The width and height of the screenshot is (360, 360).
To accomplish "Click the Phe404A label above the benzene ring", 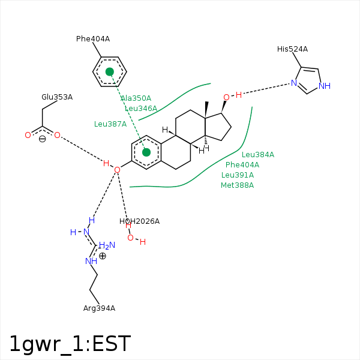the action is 93,39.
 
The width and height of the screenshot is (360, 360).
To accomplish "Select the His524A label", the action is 292,49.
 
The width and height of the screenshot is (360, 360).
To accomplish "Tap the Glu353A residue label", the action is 57,97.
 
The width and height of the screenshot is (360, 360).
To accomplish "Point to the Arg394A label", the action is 99,308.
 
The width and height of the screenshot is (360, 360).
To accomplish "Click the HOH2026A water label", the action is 139,221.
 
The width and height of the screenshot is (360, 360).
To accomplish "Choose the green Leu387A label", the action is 110,124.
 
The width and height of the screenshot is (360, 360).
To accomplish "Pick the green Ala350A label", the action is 136,98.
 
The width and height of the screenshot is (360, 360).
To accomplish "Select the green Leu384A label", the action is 258,155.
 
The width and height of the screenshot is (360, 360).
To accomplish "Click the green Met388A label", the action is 238,185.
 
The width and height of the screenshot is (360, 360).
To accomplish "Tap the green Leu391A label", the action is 238,175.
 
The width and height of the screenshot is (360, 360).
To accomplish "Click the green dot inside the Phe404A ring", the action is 110,71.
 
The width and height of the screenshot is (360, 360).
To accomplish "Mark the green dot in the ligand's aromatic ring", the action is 146,152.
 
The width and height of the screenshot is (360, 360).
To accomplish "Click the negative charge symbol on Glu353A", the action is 42,139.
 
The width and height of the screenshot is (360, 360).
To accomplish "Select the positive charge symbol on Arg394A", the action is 103,256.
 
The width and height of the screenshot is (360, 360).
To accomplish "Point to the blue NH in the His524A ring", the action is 325,86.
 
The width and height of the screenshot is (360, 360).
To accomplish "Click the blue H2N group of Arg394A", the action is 107,245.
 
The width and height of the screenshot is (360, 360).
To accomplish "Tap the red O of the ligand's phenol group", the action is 117,170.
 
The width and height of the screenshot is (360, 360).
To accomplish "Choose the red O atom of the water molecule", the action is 130,238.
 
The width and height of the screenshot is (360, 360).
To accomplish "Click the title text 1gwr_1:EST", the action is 70,344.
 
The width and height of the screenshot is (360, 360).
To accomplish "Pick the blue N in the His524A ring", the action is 294,83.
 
